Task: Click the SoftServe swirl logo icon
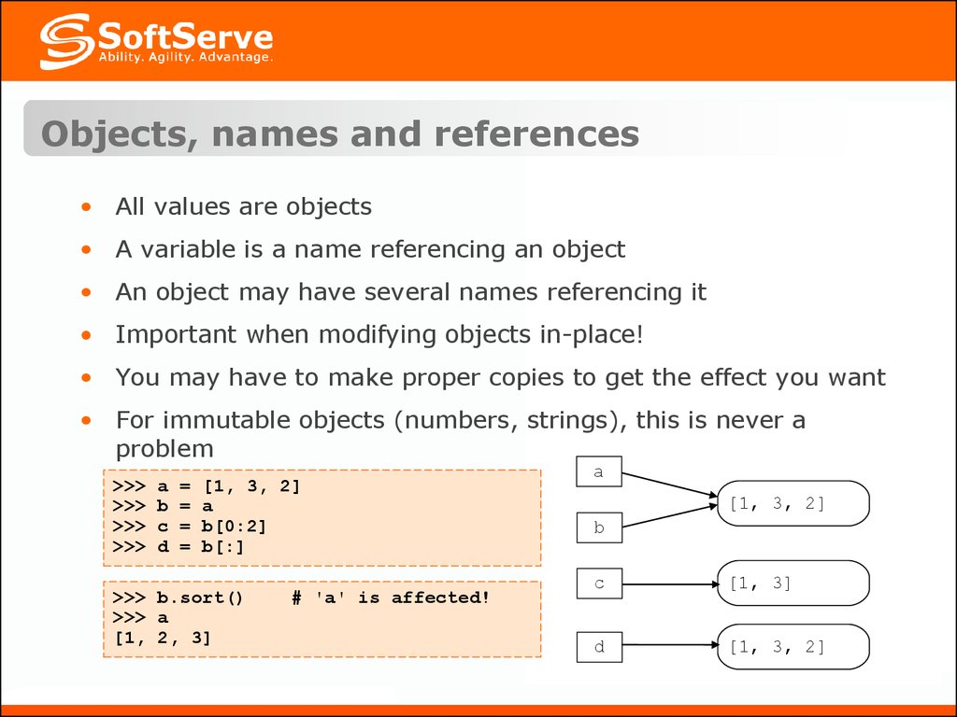click(67, 41)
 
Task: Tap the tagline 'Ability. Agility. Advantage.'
click(186, 57)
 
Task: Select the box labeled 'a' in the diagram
click(599, 471)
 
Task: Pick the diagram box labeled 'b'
click(599, 527)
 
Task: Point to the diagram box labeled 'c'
click(599, 583)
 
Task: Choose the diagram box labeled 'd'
click(599, 647)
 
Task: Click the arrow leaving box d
click(671, 644)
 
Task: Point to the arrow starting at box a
click(670, 485)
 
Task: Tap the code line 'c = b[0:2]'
click(212, 527)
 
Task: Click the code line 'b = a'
click(185, 506)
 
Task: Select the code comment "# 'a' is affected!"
click(391, 597)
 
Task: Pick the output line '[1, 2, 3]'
click(163, 638)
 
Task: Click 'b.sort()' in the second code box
click(200, 597)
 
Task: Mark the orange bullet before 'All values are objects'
click(86, 207)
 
